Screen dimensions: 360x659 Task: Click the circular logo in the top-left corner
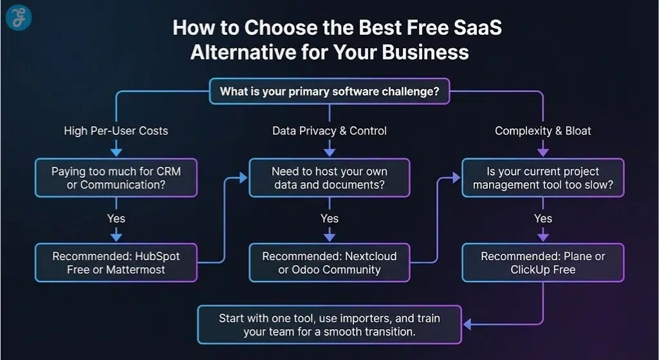click(19, 19)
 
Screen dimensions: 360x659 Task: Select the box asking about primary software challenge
click(329, 91)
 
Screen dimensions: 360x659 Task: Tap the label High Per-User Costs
click(116, 131)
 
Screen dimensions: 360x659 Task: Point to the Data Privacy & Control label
click(329, 131)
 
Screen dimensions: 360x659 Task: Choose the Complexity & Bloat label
click(543, 131)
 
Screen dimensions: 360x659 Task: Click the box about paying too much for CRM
click(116, 178)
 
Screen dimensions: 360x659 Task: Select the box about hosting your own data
click(329, 178)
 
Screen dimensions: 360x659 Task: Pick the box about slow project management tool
click(543, 178)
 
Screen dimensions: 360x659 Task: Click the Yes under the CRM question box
click(116, 219)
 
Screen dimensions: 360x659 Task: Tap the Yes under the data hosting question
click(329, 219)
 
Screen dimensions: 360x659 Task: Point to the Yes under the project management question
click(543, 219)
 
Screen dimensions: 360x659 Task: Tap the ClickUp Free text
click(543, 270)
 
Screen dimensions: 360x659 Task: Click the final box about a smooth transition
click(329, 325)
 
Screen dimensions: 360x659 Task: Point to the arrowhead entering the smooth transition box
click(466, 325)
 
